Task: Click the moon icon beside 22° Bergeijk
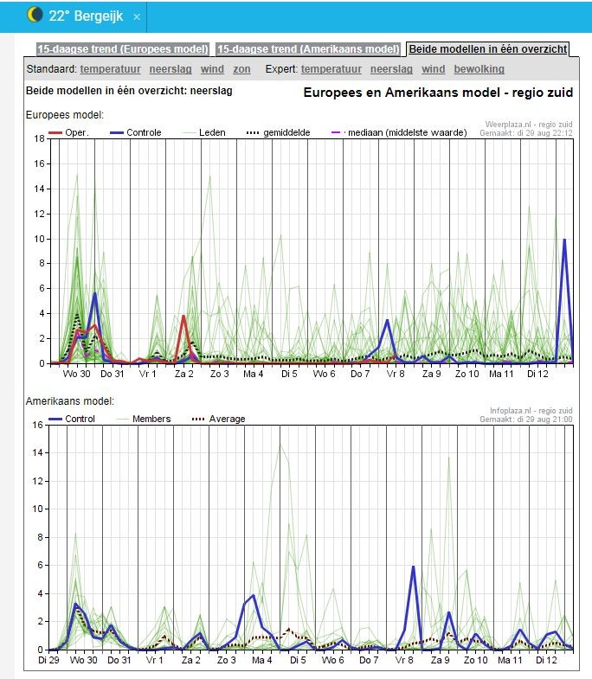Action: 35,15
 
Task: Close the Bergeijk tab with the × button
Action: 137,17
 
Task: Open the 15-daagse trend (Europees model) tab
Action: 123,49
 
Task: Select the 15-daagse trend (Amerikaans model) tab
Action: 308,49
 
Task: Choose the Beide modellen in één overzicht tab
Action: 488,49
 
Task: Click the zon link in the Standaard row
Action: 241,69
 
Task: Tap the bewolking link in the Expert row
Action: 479,69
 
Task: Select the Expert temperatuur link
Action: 331,69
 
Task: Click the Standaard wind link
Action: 212,69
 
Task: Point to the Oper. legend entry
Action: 69,132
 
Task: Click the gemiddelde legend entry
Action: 278,132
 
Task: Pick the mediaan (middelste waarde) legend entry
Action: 399,132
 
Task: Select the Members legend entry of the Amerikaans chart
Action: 144,419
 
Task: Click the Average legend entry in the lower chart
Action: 218,419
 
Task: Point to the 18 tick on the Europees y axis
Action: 40,138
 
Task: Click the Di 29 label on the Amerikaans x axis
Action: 48,660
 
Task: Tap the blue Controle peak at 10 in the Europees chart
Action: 564,240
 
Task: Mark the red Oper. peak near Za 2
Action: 183,316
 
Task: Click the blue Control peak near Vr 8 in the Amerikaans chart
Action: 414,567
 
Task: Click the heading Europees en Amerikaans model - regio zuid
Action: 438,93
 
